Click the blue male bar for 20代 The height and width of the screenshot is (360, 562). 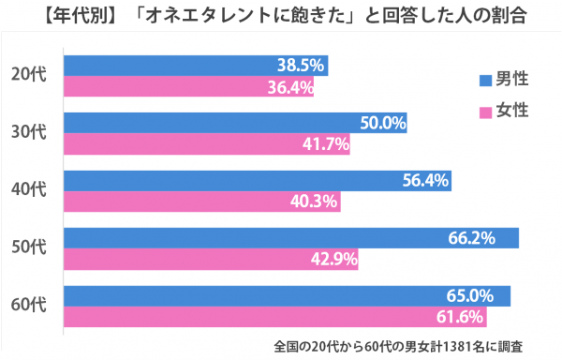coord(196,66)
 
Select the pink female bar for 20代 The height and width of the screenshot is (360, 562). coord(188,86)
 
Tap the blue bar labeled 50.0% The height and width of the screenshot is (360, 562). coord(235,123)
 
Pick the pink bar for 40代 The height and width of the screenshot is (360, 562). coord(202,202)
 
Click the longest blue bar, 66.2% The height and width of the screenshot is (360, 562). coord(291,238)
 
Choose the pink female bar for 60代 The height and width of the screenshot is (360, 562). coord(274,317)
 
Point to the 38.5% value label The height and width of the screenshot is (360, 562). coord(301,66)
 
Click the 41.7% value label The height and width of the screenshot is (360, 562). coord(325,144)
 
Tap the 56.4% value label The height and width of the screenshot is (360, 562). coord(425,180)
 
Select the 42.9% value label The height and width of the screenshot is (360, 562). coord(334,259)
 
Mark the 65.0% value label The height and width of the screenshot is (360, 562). coord(470,296)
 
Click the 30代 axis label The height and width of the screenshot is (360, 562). coord(29,132)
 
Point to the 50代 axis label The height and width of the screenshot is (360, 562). coord(29,247)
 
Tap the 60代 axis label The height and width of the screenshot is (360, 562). coord(29,305)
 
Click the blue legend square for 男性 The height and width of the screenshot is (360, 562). coord(485,81)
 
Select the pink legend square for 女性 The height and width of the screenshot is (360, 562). coord(485,112)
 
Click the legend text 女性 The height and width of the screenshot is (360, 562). coord(512,110)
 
